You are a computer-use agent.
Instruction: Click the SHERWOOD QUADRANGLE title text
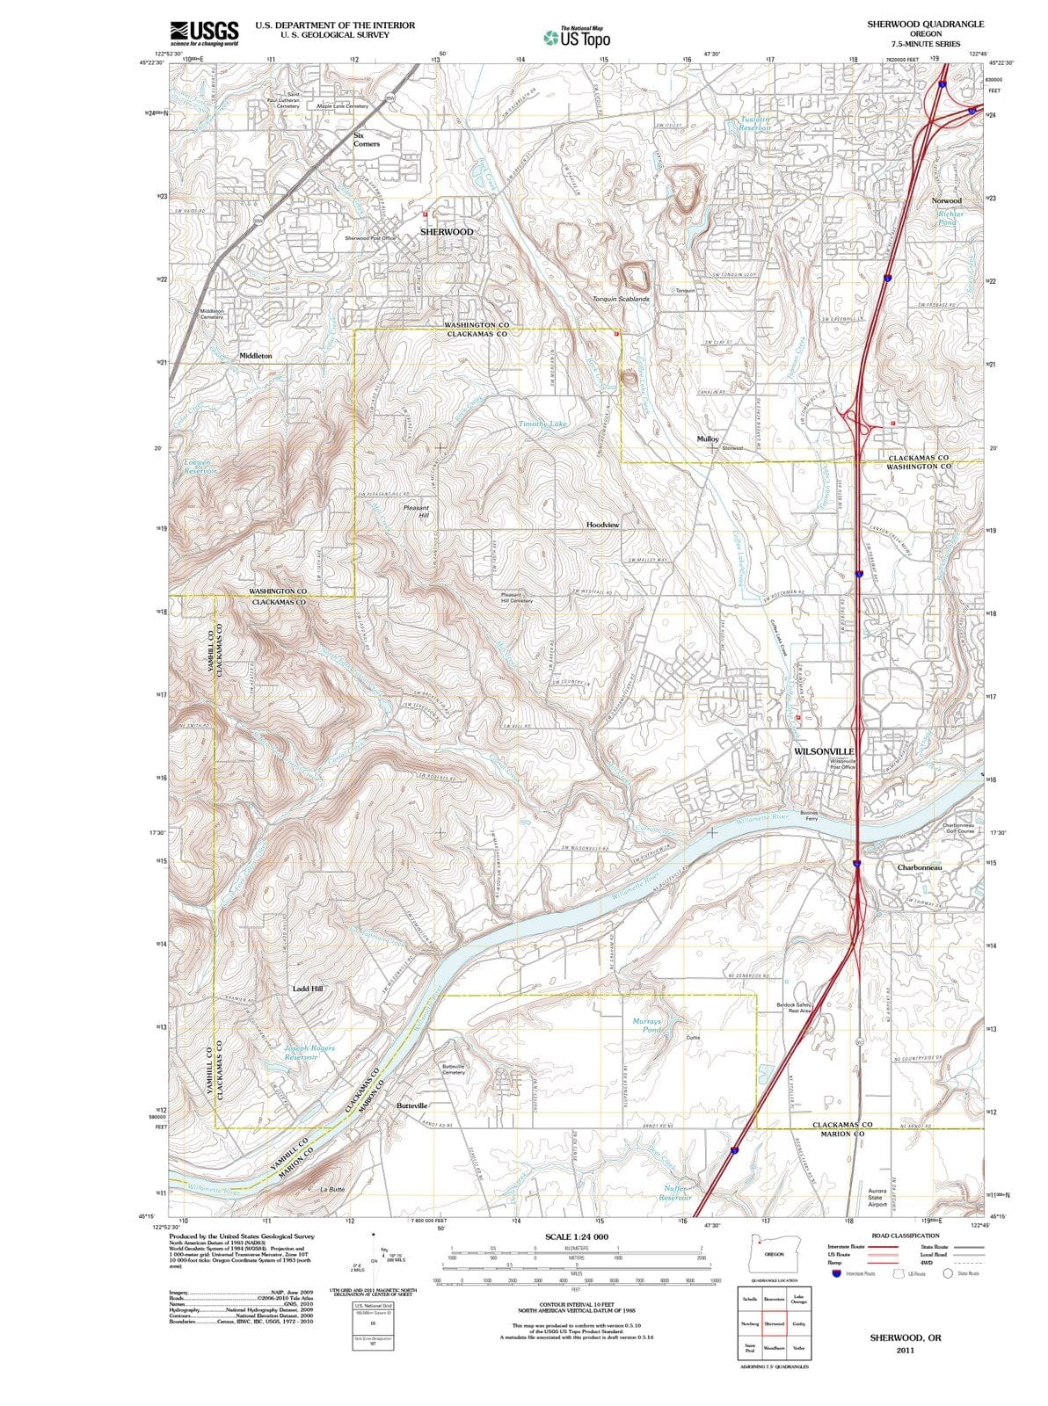coord(925,24)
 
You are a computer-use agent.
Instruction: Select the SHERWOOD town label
coord(446,232)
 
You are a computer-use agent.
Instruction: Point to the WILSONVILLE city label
coord(824,751)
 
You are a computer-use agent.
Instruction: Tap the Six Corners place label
coord(366,140)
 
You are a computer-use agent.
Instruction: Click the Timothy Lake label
coord(542,424)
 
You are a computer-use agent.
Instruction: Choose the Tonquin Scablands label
coord(621,299)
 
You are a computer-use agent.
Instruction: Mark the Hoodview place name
coord(602,525)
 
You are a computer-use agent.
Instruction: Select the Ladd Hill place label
coord(308,989)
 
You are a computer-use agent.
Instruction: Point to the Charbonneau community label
coord(920,867)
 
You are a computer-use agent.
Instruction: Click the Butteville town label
coord(411,1105)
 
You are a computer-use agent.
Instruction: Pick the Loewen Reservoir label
coord(200,466)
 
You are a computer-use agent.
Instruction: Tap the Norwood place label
coord(946,201)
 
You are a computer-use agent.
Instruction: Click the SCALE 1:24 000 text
coord(576,1236)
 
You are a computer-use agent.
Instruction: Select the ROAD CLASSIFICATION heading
coord(905,1236)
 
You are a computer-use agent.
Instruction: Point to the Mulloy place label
coord(708,438)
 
